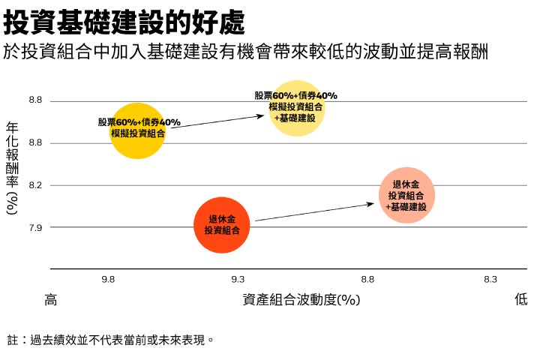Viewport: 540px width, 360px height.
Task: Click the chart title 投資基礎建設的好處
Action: click(124, 22)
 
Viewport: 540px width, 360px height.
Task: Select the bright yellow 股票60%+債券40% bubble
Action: click(137, 130)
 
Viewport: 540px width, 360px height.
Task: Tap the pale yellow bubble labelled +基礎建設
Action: click(296, 108)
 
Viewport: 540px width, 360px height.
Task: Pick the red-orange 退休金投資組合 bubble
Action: click(221, 225)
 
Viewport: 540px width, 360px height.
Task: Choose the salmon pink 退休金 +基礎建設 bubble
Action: click(406, 195)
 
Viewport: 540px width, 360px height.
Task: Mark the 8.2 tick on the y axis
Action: click(35, 185)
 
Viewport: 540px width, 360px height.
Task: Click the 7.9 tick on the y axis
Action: click(35, 227)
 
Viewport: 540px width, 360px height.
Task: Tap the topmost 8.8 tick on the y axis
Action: click(35, 100)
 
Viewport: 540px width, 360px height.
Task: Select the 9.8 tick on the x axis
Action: click(108, 280)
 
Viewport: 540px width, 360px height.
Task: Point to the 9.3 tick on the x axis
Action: click(238, 280)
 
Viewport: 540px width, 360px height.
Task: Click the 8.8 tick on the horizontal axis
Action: click(367, 280)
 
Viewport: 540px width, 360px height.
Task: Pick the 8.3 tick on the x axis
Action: click(490, 280)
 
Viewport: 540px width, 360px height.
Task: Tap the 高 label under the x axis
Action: click(51, 300)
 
